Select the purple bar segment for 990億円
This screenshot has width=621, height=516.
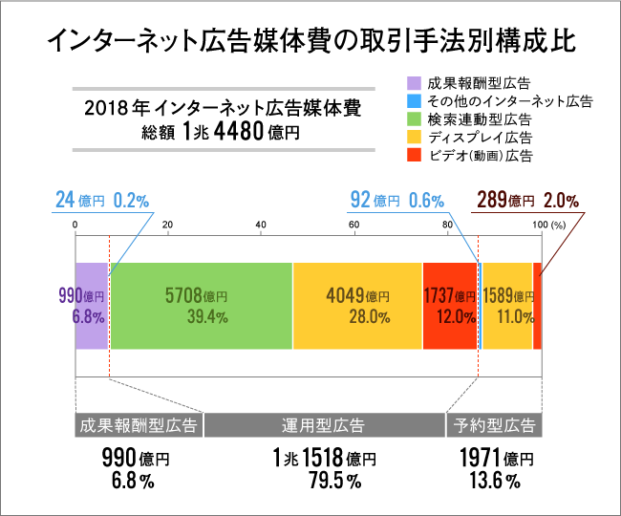91,305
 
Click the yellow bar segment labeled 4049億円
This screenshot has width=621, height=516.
356,305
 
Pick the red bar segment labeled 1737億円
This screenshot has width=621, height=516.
448,305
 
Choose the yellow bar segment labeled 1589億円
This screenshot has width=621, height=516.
507,305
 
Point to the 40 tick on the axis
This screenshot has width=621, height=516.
261,225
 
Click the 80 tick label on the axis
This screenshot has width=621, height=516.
447,225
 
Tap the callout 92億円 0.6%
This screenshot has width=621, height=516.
396,201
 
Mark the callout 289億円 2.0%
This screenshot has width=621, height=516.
526,201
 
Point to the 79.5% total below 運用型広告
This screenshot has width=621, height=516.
323,481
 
